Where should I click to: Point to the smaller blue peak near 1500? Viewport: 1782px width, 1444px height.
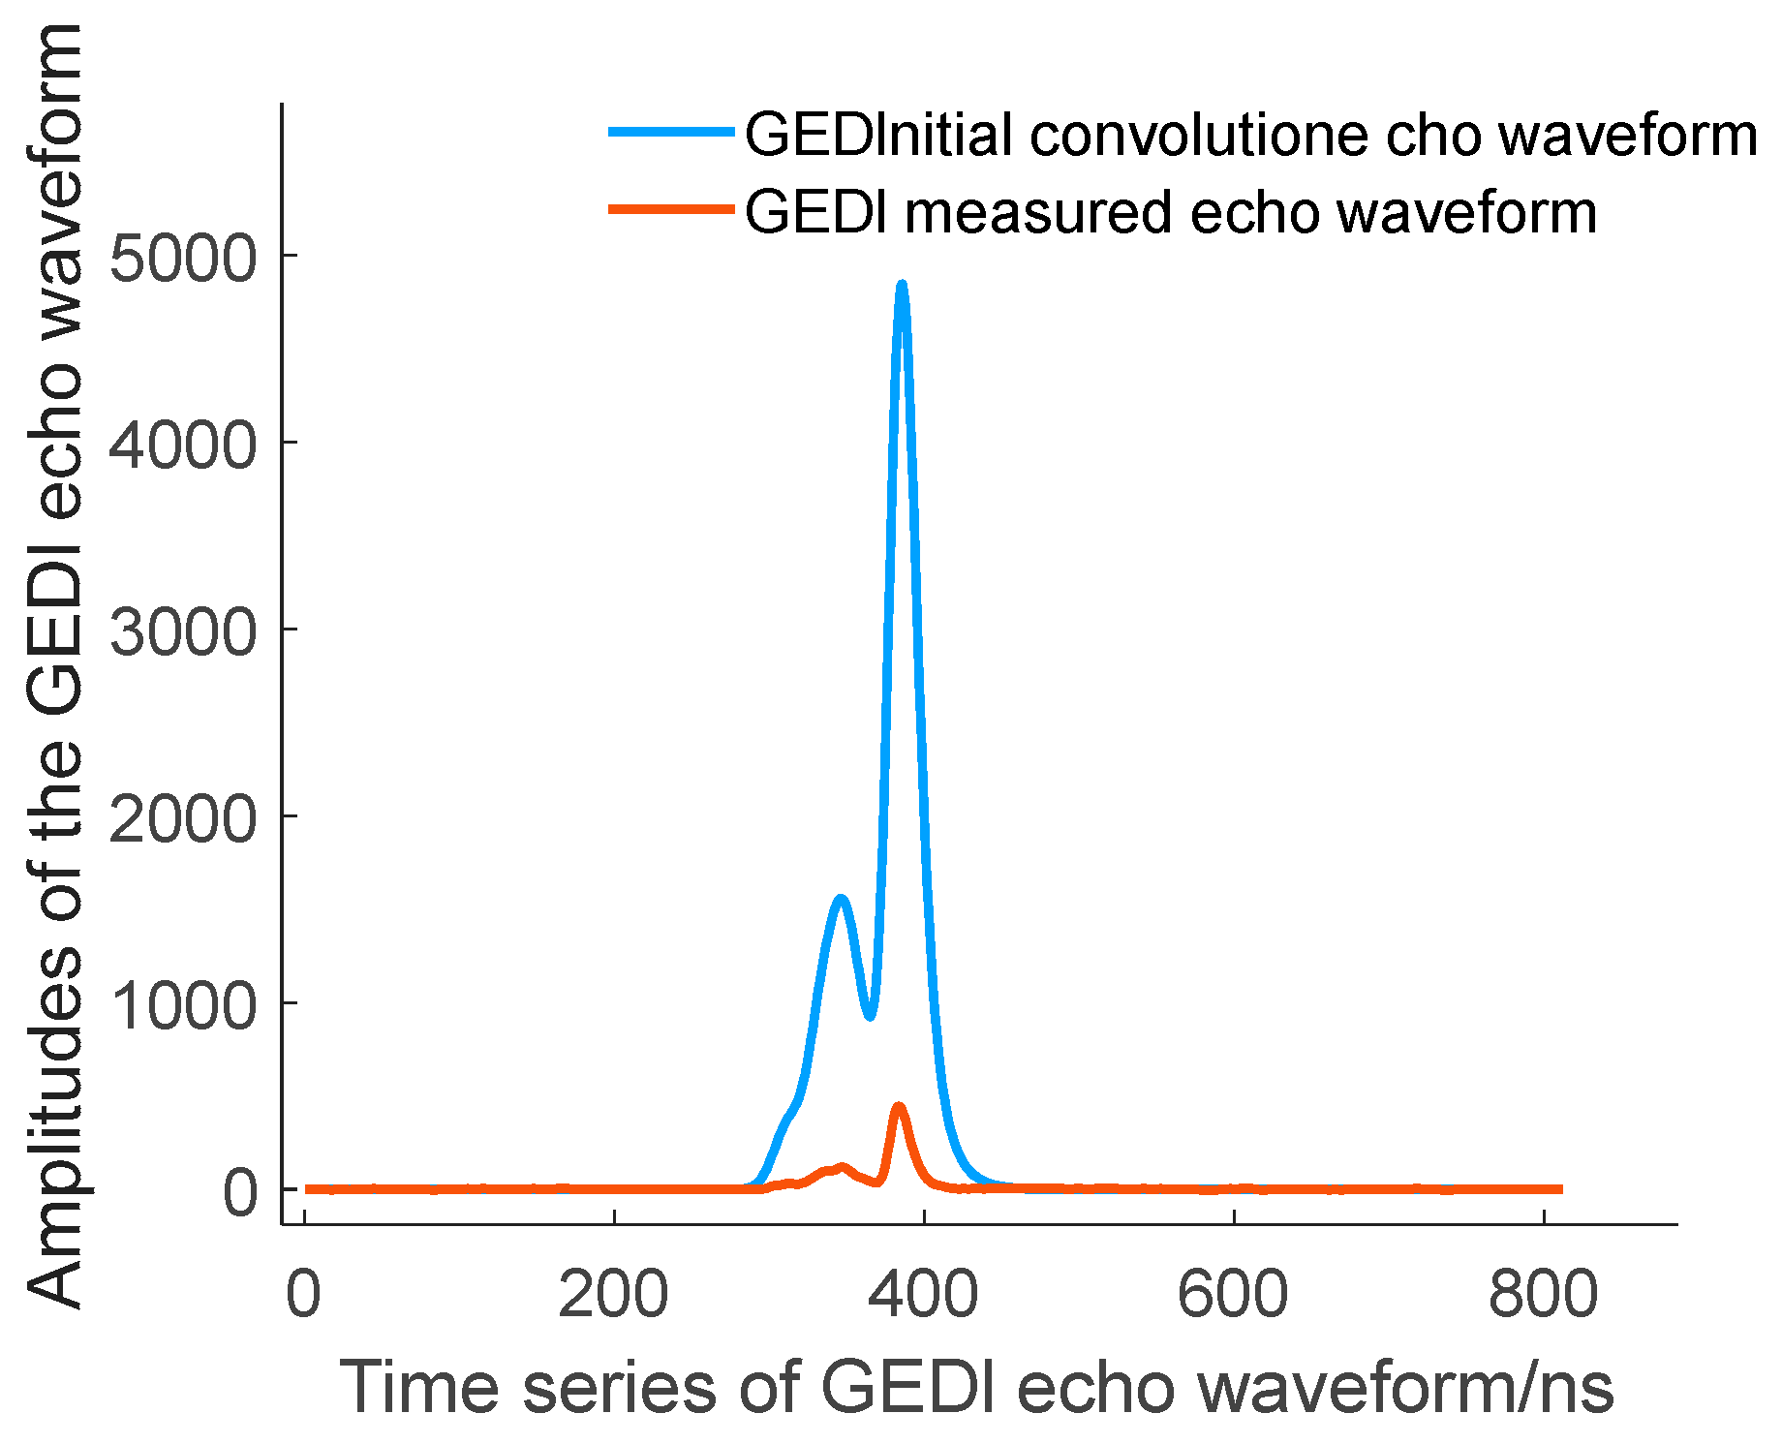pyautogui.click(x=841, y=900)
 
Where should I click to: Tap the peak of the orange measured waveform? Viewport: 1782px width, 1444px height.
pyautogui.click(x=899, y=1106)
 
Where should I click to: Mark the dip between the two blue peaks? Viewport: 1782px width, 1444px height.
pyautogui.click(x=870, y=1016)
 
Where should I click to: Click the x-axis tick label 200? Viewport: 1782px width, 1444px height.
pyautogui.click(x=613, y=1294)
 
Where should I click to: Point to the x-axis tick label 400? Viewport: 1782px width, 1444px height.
pyautogui.click(x=923, y=1294)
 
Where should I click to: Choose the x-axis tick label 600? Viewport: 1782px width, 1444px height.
pyautogui.click(x=1233, y=1294)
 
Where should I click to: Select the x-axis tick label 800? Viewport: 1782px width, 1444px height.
pyautogui.click(x=1543, y=1294)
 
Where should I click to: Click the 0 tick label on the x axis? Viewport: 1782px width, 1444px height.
pyautogui.click(x=303, y=1294)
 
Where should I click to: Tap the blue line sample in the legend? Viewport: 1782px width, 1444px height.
pyautogui.click(x=671, y=132)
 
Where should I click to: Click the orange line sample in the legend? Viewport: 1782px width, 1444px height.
pyautogui.click(x=671, y=208)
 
